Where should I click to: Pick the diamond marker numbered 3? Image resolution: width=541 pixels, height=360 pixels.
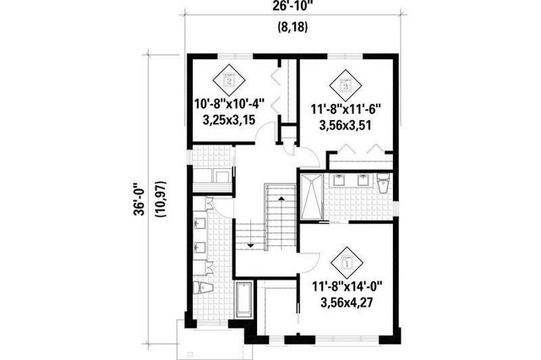(345, 83)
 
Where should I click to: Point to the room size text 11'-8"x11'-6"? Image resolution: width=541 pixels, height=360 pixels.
(347, 109)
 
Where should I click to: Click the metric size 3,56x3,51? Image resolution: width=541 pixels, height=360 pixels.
(347, 124)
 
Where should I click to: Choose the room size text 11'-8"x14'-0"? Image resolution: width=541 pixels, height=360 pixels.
(349, 286)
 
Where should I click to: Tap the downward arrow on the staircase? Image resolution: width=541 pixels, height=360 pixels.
(251, 239)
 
